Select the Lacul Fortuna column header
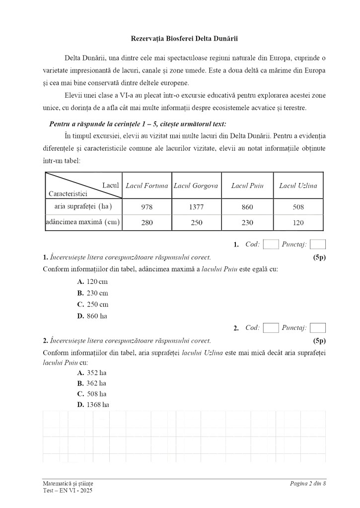click(147, 186)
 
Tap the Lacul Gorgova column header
click(196, 186)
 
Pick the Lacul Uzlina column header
click(298, 186)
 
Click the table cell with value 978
click(147, 207)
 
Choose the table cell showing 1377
click(196, 207)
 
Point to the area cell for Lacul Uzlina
click(298, 207)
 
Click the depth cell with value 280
click(147, 223)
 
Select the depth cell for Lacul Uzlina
click(298, 223)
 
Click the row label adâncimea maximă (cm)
click(83, 222)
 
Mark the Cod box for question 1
click(271, 244)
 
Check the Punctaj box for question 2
click(317, 328)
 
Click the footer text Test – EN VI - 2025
click(68, 491)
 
